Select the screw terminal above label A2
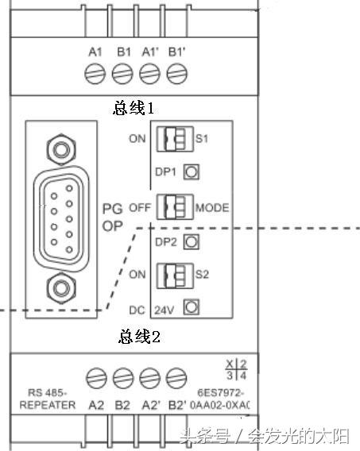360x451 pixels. coord(96,376)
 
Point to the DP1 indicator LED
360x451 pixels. coord(191,171)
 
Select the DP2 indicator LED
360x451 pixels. coord(191,242)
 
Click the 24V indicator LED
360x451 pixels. coord(191,307)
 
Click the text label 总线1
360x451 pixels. coord(134,107)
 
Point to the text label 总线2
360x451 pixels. coord(140,337)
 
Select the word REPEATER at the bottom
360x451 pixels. coord(46,405)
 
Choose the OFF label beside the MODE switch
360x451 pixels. coord(140,209)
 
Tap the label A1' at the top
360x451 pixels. coord(150,52)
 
